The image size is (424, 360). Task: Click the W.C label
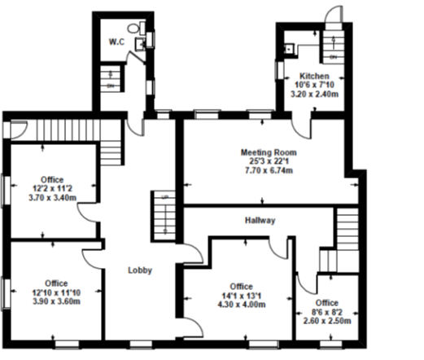(116, 42)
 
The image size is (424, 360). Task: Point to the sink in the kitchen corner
(287, 48)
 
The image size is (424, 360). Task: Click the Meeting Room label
(268, 152)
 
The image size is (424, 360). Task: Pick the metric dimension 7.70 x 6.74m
(268, 170)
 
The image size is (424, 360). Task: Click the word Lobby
(139, 270)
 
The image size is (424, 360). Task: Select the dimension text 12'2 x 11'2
(51, 188)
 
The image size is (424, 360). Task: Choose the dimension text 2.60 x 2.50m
(327, 321)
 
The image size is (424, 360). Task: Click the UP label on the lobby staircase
(164, 199)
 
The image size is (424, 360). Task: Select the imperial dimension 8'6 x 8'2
(327, 312)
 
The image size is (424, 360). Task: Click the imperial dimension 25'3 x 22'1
(268, 161)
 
